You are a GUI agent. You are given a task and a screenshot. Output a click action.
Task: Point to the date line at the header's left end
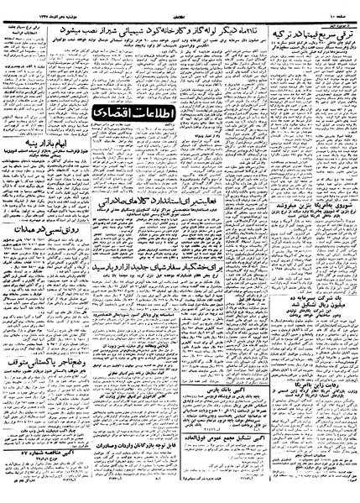tap(34, 6)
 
